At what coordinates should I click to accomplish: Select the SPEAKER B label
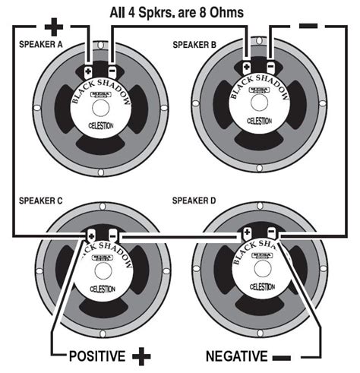[194, 46]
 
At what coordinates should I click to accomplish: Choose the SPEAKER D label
[195, 201]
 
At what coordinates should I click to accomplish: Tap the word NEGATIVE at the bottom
[238, 356]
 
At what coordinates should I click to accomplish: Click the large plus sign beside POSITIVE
[141, 356]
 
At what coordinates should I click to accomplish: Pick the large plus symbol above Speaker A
[53, 28]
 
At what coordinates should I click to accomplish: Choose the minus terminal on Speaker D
[271, 232]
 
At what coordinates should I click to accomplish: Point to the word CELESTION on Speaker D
[261, 288]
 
